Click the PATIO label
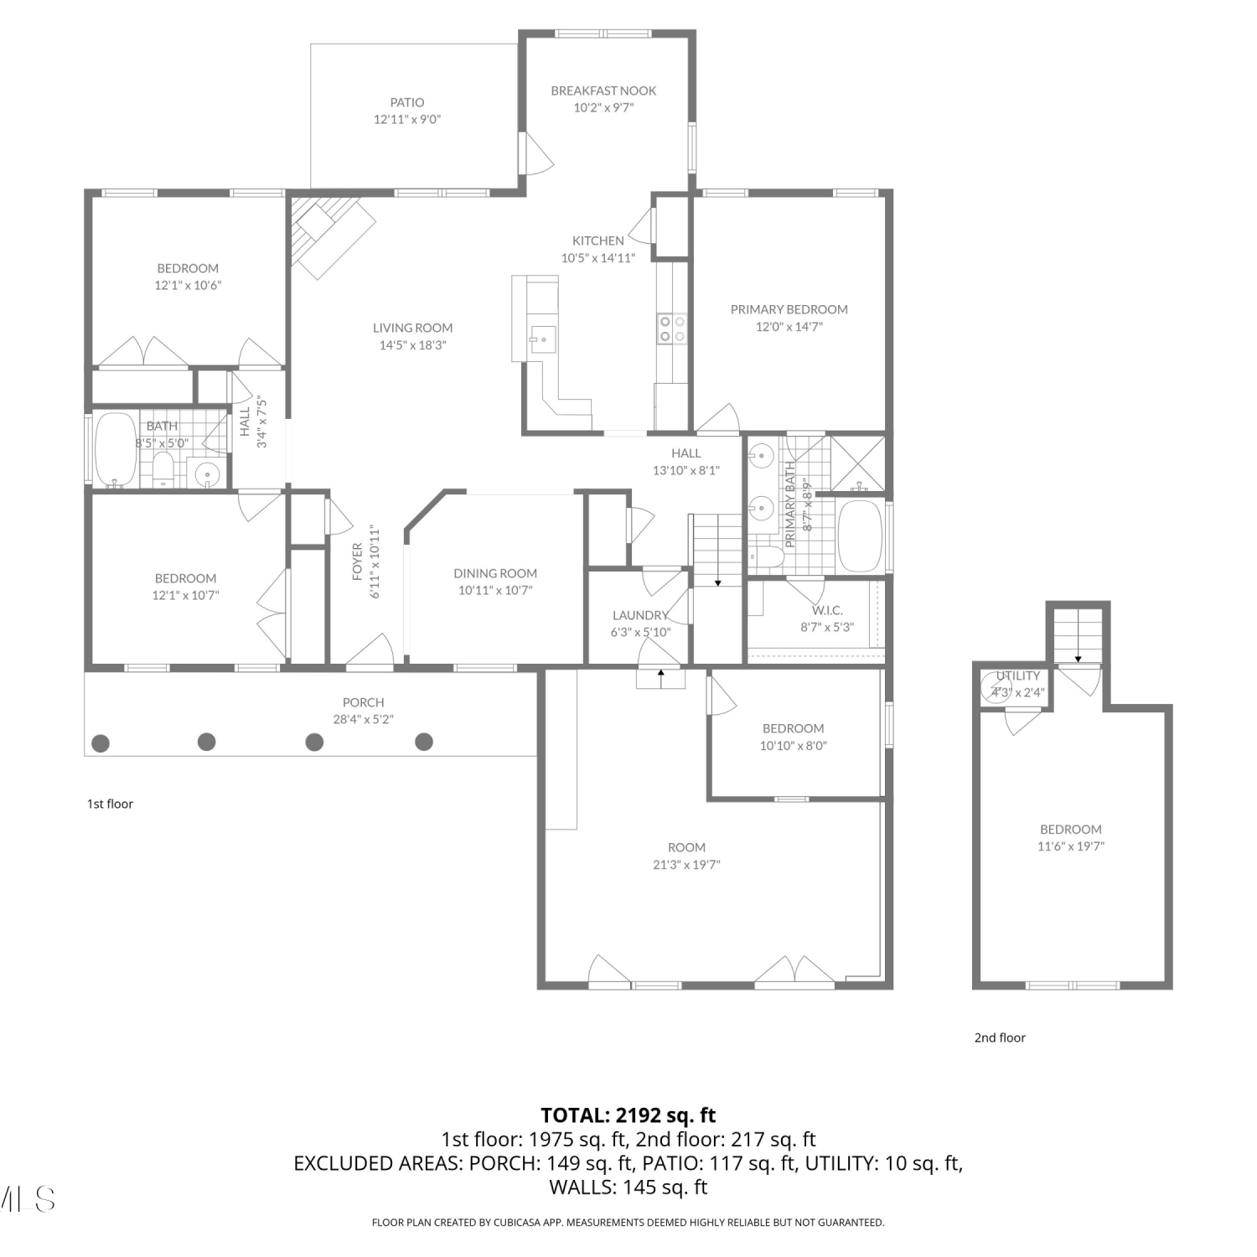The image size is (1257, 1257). [407, 102]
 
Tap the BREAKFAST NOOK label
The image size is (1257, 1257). [603, 91]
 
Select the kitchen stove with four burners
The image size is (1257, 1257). [671, 328]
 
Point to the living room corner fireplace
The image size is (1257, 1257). [328, 235]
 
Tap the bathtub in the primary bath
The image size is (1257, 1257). [860, 536]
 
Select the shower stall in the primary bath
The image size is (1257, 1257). [856, 463]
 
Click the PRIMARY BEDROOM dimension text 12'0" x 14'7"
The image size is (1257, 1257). [789, 327]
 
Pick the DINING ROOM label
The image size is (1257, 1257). [495, 573]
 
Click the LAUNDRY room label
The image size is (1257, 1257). [640, 615]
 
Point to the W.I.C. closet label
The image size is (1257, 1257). [827, 610]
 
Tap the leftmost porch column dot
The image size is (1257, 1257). [101, 742]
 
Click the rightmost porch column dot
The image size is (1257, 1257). [424, 741]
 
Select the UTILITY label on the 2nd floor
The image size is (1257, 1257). [1018, 675]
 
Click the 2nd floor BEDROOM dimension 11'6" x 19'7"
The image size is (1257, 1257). [1071, 846]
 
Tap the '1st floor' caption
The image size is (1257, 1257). [111, 804]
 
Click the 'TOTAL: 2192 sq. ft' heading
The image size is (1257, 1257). [628, 1115]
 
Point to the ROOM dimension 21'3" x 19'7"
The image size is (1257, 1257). [686, 865]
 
